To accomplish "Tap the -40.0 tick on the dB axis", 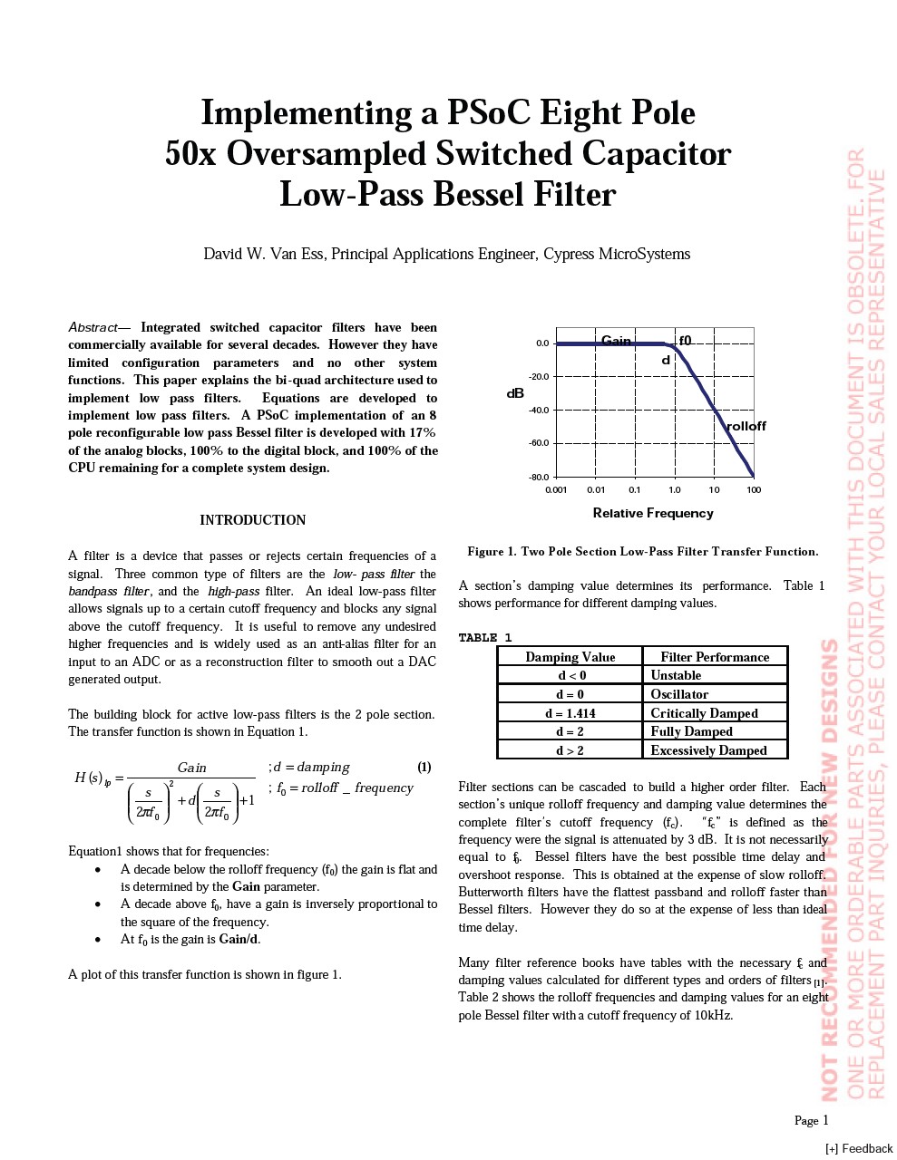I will point(539,410).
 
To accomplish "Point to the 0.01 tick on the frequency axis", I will point(595,490).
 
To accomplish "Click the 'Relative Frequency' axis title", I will point(653,513).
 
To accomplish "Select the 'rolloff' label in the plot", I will point(746,426).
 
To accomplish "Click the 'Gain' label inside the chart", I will point(616,341).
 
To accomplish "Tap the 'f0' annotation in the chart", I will point(686,341).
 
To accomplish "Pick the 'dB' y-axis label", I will point(515,393).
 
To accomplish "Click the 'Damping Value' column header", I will point(570,657).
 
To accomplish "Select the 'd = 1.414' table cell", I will point(570,713).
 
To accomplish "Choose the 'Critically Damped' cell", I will point(704,713).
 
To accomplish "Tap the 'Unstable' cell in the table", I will point(676,675).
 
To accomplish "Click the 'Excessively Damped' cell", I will point(708,750).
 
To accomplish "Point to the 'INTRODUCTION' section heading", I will point(252,520).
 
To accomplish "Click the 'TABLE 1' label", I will point(485,638).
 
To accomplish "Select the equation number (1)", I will point(424,767).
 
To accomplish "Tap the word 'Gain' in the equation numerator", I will point(191,768).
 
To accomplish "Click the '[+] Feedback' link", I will point(859,1148).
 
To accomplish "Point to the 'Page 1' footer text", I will point(812,1120).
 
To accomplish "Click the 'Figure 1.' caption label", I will point(492,551).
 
